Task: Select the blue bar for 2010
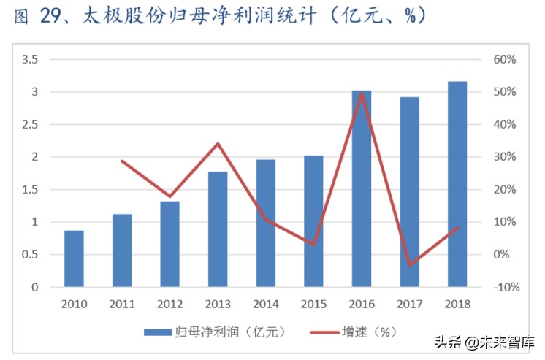point(74,258)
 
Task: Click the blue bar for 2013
point(217,229)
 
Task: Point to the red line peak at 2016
point(361,93)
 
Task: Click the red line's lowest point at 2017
point(409,264)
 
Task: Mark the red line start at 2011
point(122,161)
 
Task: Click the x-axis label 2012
point(169,304)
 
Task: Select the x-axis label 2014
point(265,304)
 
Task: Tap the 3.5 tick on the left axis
point(30,60)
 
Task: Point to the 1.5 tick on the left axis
point(30,190)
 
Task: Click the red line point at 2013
point(218,143)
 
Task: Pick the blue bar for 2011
point(122,250)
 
